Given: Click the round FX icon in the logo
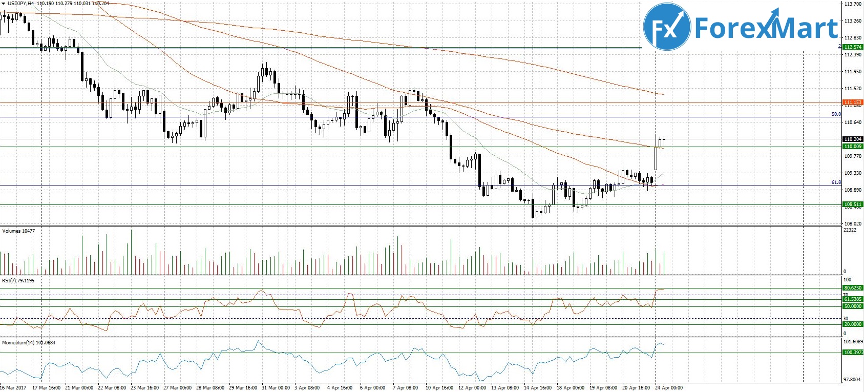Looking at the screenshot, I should coord(667,27).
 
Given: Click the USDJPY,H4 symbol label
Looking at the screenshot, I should coord(21,4).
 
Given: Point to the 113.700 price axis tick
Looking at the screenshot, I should coord(852,4).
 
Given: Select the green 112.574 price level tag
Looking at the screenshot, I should coord(853,47).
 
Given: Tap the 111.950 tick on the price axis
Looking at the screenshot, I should coord(852,72).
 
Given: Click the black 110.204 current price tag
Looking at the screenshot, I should coord(853,139).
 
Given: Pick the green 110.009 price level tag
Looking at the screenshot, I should coord(853,147).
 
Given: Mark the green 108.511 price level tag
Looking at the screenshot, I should coord(853,204).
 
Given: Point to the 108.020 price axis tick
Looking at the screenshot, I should coord(852,224).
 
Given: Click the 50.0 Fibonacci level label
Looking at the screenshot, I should coord(836,114).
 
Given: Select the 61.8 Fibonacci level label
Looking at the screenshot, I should coord(836,182).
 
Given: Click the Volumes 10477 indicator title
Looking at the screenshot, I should coord(18,231).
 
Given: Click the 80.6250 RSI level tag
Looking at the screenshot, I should coord(853,288).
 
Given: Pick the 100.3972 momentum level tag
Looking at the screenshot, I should coord(853,353).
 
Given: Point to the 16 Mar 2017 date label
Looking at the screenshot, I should coord(13,388).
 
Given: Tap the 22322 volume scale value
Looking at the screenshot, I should coord(850,230).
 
